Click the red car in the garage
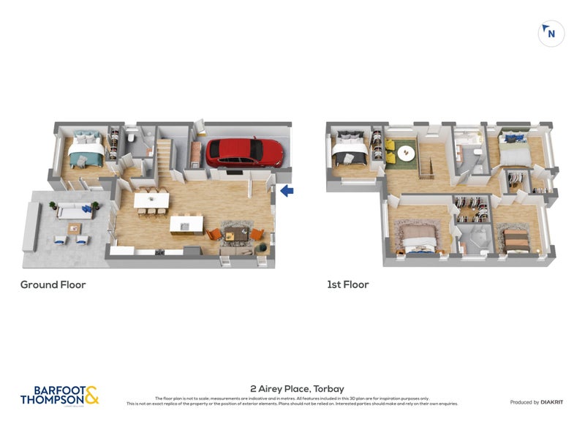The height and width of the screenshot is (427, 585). click(x=244, y=152)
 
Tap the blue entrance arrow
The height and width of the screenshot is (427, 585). click(x=287, y=191)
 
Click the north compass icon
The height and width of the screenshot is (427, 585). click(x=551, y=33)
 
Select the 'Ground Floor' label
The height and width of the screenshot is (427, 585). click(x=53, y=284)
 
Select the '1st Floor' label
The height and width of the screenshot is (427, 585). click(x=347, y=284)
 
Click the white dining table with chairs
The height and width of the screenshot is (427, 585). click(x=151, y=200)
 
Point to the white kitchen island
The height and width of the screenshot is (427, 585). click(x=186, y=224)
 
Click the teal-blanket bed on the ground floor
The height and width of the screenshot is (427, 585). click(x=86, y=151)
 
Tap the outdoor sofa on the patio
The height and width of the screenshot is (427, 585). click(x=72, y=211)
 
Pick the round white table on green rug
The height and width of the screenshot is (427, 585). click(x=406, y=153)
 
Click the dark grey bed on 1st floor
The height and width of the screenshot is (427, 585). click(x=350, y=151)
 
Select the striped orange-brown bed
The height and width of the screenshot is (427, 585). click(x=516, y=239)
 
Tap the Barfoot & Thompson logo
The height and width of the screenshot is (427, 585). click(x=59, y=396)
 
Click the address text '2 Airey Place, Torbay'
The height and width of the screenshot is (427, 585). click(x=297, y=389)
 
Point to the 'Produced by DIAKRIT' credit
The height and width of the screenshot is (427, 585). click(x=537, y=402)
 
